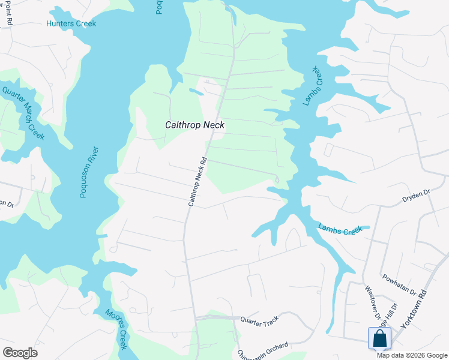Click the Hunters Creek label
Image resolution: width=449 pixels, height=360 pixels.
71,24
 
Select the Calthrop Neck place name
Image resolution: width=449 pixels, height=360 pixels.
195,125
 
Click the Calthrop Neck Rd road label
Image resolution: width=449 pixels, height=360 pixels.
197,182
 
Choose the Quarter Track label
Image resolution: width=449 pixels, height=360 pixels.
260,322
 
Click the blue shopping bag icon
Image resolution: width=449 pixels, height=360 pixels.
380,338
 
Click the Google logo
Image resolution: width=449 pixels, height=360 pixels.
20,353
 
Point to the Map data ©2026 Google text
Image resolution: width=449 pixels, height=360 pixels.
411,355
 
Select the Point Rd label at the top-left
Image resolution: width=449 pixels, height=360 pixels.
8,12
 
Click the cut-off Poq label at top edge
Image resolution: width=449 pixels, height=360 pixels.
160,7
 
